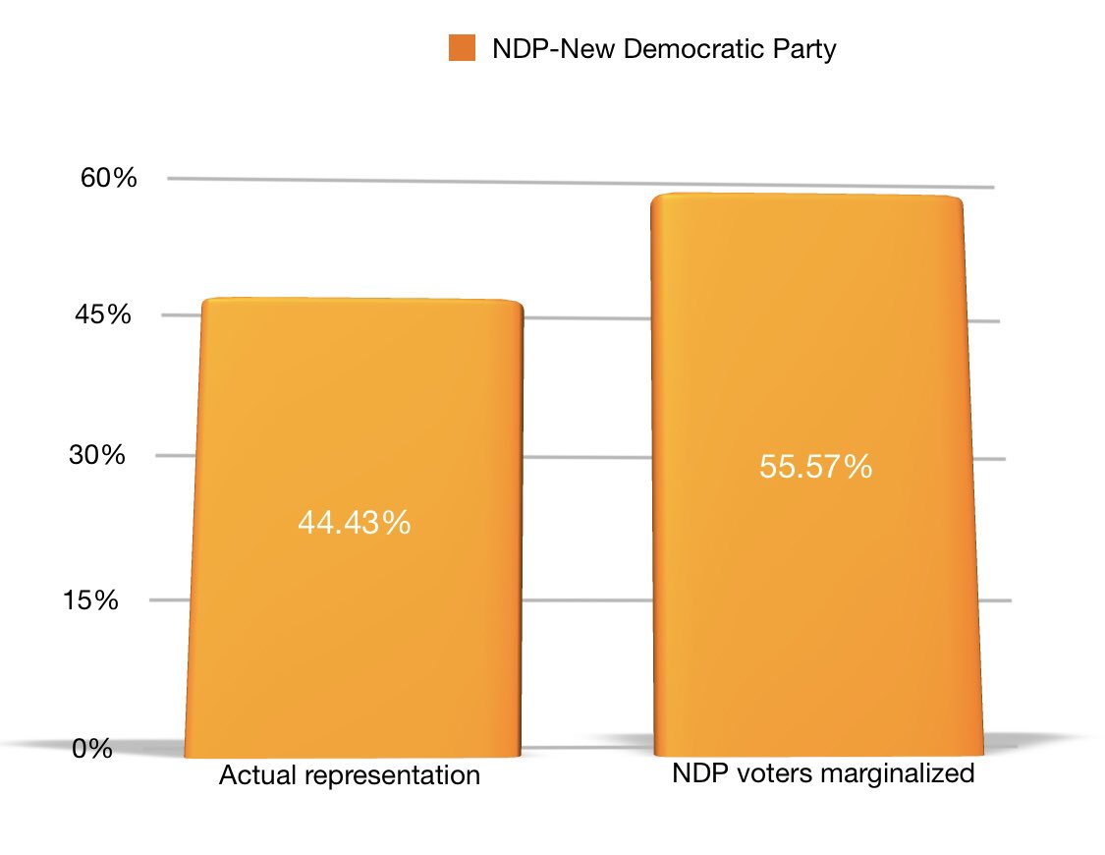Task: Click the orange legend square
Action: [462, 48]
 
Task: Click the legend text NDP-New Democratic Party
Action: [663, 49]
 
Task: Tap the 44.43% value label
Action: [354, 524]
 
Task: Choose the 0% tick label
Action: [93, 750]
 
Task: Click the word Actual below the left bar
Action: [250, 775]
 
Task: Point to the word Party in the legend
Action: [804, 49]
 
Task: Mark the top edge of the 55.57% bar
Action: [805, 195]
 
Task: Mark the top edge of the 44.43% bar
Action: [360, 299]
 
